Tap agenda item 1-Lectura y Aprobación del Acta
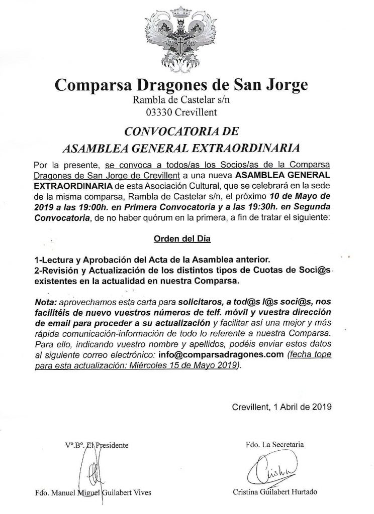[151, 259]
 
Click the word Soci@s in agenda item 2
[319, 271]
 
